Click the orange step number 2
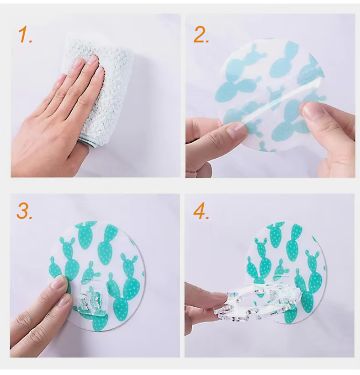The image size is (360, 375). [201, 34]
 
